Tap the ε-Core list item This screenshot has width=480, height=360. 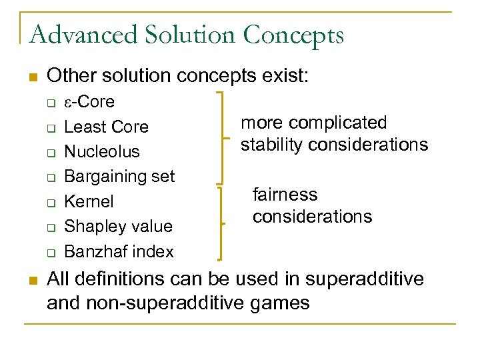[89, 102]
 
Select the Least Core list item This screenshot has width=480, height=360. [106, 127]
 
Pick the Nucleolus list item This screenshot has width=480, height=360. [101, 151]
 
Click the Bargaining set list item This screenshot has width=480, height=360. [119, 176]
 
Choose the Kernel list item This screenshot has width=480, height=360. [89, 201]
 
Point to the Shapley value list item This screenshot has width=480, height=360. [117, 226]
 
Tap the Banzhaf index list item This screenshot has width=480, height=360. [118, 251]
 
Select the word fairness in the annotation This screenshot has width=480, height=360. [285, 195]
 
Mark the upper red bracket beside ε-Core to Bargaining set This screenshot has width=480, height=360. [221, 137]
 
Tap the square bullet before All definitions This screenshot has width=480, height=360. [31, 279]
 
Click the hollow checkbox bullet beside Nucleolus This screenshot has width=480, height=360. [50, 152]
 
